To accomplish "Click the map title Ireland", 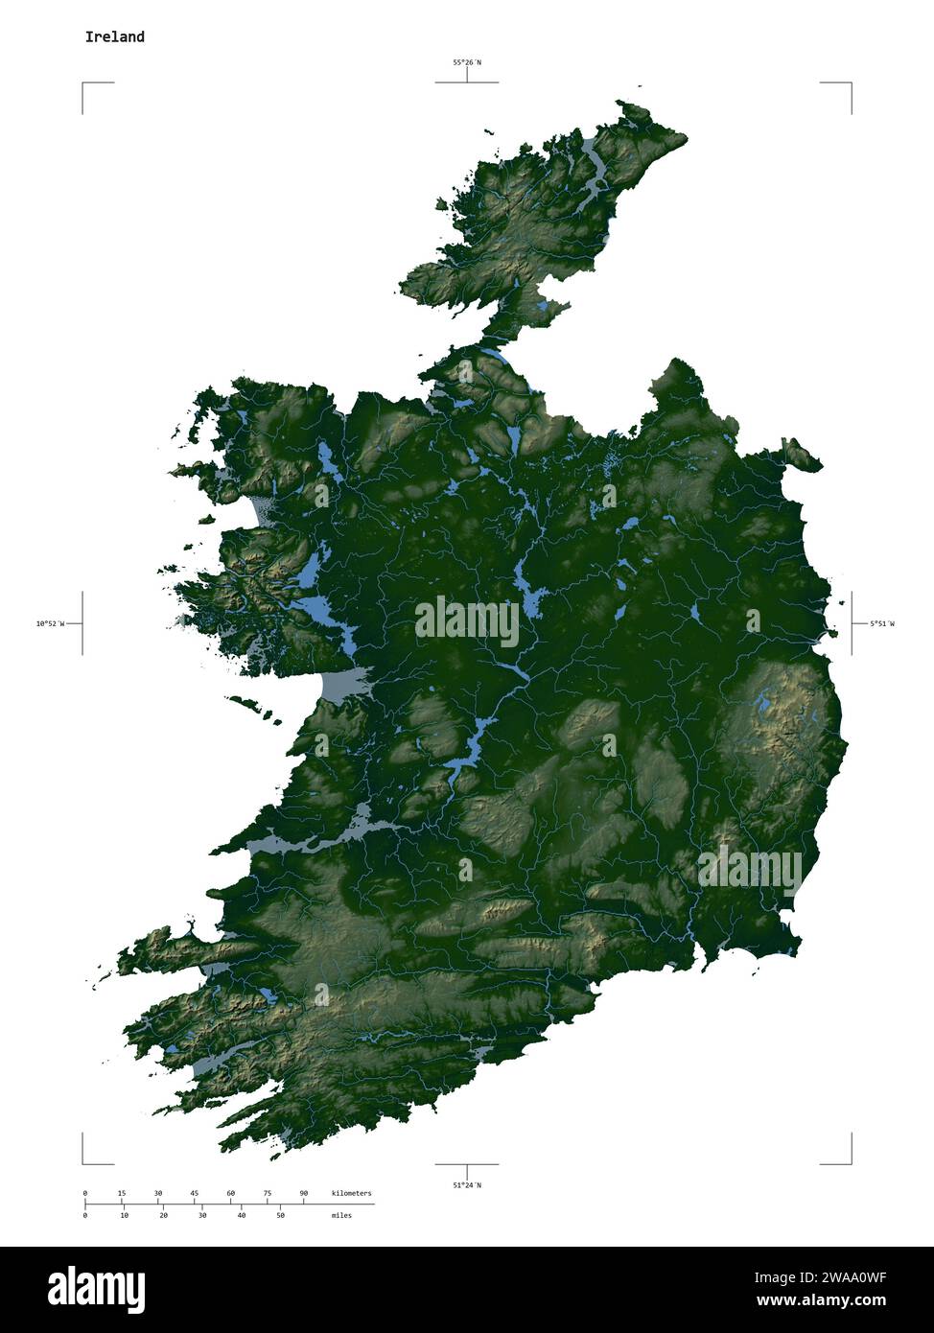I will (x=114, y=37).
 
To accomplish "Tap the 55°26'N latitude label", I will (x=467, y=62).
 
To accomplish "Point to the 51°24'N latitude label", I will (x=467, y=1185).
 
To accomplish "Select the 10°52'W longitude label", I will (x=50, y=624).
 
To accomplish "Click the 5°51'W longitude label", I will (x=882, y=624).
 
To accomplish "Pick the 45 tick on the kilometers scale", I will (x=195, y=1193).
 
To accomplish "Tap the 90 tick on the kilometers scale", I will (x=304, y=1193).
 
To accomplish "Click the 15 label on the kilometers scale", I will (x=122, y=1193).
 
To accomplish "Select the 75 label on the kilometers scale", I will (x=268, y=1193).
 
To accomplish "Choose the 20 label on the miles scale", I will (x=163, y=1215).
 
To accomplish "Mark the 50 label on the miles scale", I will (x=280, y=1215).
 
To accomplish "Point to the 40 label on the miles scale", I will (x=241, y=1215).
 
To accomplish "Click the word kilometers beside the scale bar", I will (x=351, y=1193).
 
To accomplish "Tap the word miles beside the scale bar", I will (x=341, y=1215).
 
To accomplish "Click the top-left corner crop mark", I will (x=83, y=84).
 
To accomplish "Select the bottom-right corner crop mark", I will (x=851, y=1162).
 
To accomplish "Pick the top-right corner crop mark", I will (x=851, y=84).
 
